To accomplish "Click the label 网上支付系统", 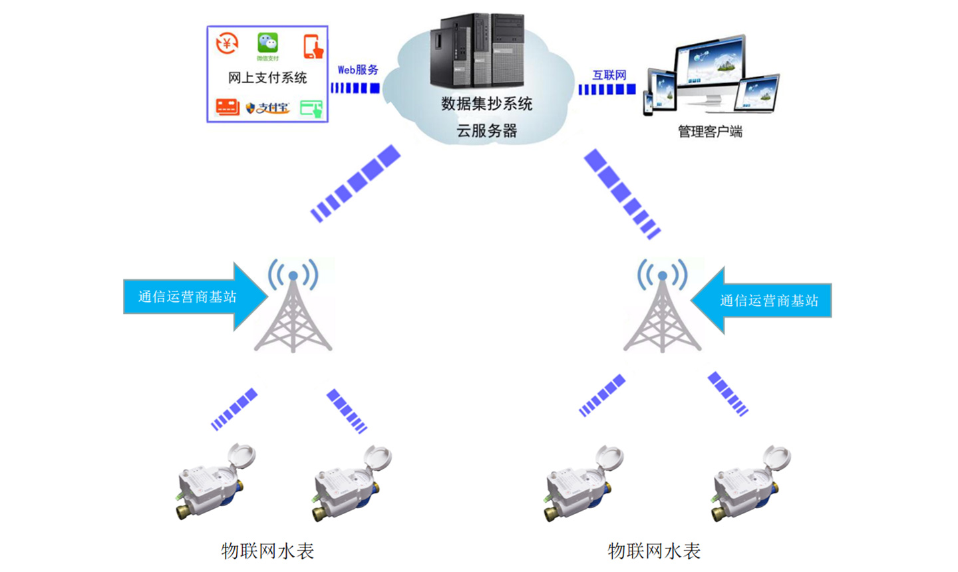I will pyautogui.click(x=267, y=78).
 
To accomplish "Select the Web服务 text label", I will pyautogui.click(x=358, y=70).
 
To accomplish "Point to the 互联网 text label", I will pyautogui.click(x=609, y=75).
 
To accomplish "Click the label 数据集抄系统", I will pyautogui.click(x=486, y=104).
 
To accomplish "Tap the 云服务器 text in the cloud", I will pyautogui.click(x=486, y=131).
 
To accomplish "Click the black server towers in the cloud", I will pyautogui.click(x=477, y=51).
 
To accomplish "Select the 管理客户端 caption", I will pyautogui.click(x=710, y=132).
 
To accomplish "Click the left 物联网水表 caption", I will pyautogui.click(x=267, y=551).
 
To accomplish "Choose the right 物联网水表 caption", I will pyautogui.click(x=654, y=551).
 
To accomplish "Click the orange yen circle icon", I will pyautogui.click(x=227, y=44).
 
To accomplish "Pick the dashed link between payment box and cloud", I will pyautogui.click(x=355, y=88).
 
